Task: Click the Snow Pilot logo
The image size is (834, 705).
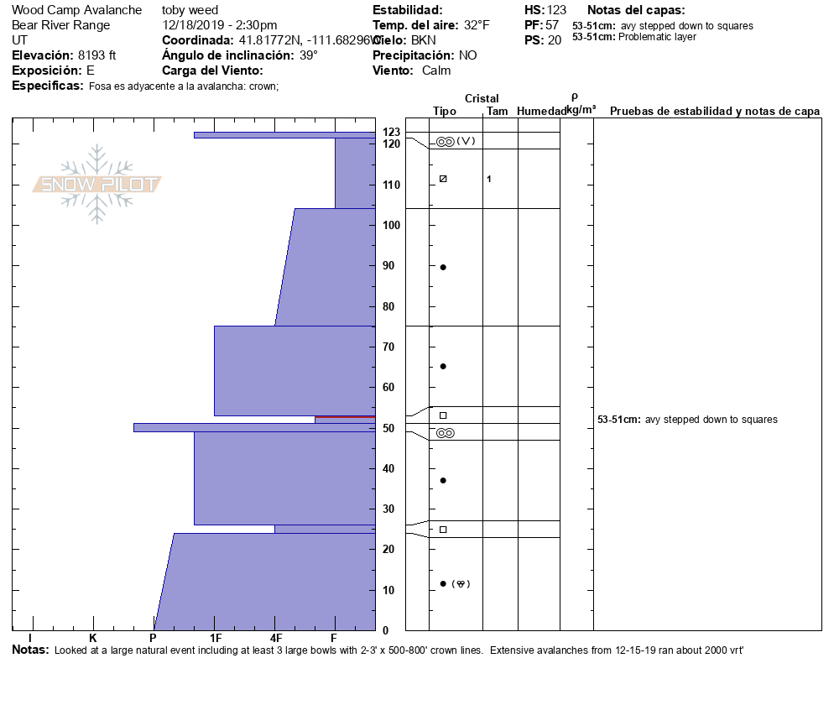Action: click(x=97, y=185)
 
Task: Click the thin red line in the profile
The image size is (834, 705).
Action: click(x=345, y=416)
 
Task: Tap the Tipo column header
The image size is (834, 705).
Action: click(x=444, y=111)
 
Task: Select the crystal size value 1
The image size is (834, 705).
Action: click(x=489, y=179)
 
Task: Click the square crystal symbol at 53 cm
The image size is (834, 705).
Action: click(x=443, y=415)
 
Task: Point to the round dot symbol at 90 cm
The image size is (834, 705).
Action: click(x=443, y=267)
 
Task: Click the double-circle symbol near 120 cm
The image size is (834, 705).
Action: click(x=446, y=141)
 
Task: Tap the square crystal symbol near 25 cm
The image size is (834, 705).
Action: click(x=443, y=530)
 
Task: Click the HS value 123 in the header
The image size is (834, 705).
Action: click(x=557, y=10)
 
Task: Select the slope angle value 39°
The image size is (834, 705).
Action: click(x=309, y=55)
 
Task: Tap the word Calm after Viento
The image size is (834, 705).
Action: click(x=436, y=70)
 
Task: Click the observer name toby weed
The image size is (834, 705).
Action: click(x=190, y=10)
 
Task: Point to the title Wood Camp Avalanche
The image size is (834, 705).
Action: click(x=76, y=10)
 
